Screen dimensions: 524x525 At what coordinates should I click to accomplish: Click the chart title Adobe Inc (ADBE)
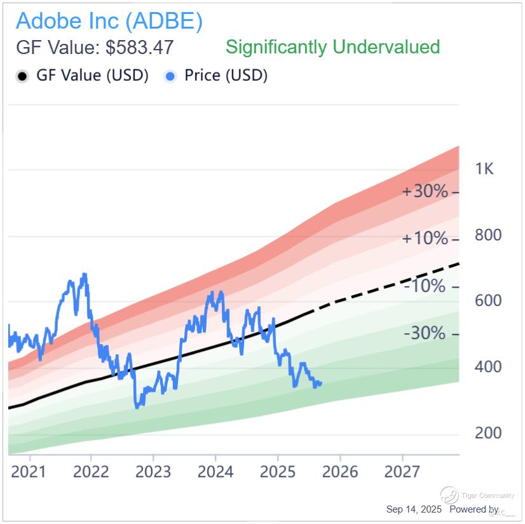click(x=109, y=21)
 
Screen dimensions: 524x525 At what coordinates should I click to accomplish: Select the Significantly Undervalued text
click(x=332, y=47)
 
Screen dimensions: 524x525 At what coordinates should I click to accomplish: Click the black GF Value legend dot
click(x=23, y=76)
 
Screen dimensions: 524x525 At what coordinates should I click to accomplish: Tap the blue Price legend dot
click(x=170, y=76)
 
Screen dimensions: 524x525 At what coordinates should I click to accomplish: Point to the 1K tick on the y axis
click(x=484, y=169)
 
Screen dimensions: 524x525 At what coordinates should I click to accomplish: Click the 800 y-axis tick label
click(x=488, y=235)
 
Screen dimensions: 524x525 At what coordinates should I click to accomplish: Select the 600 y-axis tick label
click(x=488, y=301)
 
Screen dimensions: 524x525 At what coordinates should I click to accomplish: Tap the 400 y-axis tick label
click(x=488, y=367)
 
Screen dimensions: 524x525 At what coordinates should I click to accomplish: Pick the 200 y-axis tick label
click(x=488, y=433)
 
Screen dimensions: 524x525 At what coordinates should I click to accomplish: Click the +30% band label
click(x=425, y=191)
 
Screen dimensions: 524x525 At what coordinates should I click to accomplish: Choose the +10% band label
click(x=425, y=238)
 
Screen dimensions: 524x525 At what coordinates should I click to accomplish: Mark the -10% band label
click(x=425, y=286)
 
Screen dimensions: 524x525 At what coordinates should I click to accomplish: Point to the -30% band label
click(x=425, y=333)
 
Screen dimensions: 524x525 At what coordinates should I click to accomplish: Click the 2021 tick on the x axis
click(x=29, y=472)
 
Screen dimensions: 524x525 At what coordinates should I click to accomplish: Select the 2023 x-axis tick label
click(x=153, y=472)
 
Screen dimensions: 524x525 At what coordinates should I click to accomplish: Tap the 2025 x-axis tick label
click(x=278, y=472)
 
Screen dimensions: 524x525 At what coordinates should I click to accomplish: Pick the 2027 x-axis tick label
click(x=402, y=472)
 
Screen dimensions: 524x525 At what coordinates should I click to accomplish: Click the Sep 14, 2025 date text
click(x=414, y=510)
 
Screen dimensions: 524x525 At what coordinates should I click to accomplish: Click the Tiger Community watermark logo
click(x=450, y=495)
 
